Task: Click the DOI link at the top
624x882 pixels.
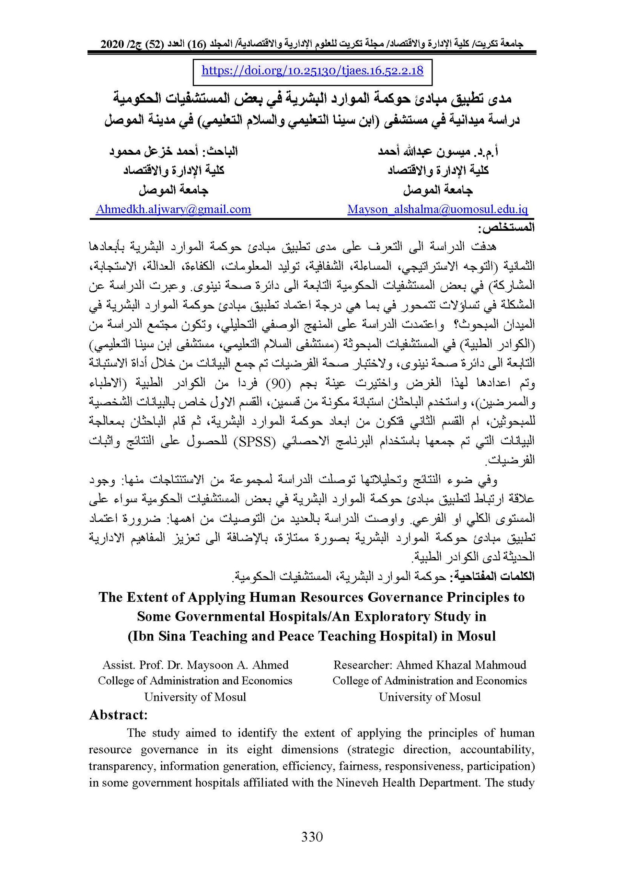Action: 312,71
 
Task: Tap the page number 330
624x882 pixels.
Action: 312,837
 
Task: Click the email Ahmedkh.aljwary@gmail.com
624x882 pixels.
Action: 173,209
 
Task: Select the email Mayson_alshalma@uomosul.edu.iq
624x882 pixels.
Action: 438,209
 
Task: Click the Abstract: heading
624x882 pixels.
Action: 118,714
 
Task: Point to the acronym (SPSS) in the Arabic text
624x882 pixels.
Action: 255,441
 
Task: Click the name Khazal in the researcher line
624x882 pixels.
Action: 454,665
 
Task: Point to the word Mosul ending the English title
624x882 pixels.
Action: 476,636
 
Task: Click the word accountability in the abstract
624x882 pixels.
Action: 497,749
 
